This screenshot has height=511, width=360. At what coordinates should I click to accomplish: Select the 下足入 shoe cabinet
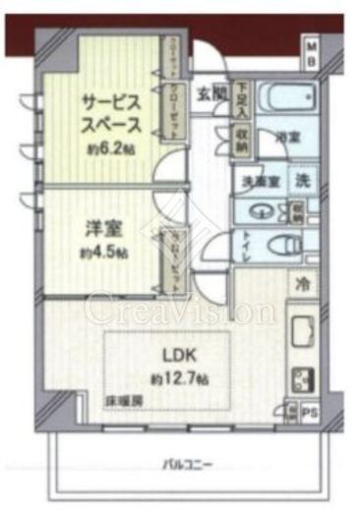coord(241,97)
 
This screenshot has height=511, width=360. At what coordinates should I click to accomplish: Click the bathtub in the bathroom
coord(284,101)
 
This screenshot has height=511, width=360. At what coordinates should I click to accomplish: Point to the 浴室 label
coord(286,139)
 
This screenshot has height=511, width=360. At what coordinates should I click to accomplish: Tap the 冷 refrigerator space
coord(303,283)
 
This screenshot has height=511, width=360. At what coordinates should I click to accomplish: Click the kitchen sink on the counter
coord(301,331)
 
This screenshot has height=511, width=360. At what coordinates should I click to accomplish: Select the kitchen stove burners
coord(301,376)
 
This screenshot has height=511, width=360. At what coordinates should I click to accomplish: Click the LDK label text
coord(164,357)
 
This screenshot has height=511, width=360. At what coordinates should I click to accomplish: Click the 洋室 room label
coord(95,228)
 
